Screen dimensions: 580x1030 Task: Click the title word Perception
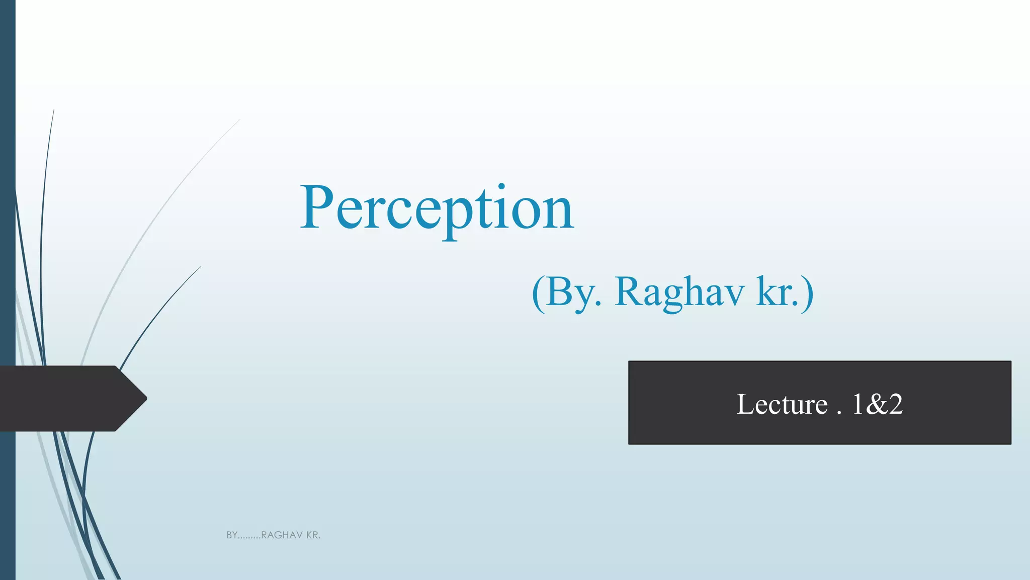[x=437, y=209]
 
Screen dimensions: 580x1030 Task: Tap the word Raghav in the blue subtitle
[x=679, y=293]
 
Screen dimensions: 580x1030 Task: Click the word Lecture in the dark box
[x=782, y=404]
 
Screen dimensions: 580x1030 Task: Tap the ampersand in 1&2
[x=876, y=404]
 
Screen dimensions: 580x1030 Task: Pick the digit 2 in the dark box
[x=895, y=404]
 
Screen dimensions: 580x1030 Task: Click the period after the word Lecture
[x=839, y=412]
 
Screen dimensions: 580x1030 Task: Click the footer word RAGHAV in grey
[x=282, y=535]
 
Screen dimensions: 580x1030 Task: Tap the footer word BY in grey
[x=232, y=535]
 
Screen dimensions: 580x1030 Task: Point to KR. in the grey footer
[x=313, y=535]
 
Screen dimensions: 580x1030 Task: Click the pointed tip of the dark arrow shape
[x=145, y=398]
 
